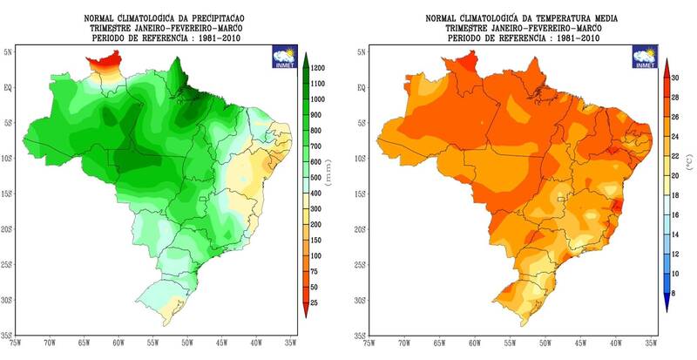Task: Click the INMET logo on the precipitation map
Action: (x=284, y=55)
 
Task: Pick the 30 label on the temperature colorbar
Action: (x=673, y=78)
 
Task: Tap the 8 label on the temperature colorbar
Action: (x=673, y=290)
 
